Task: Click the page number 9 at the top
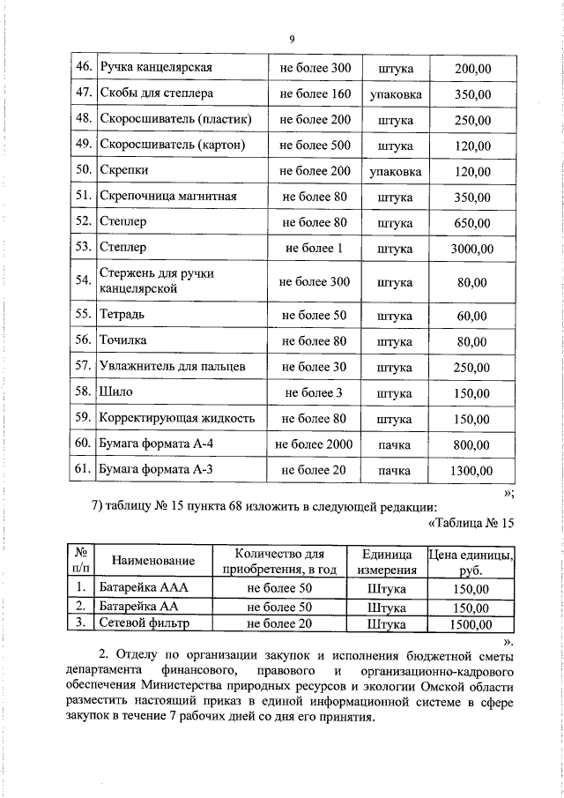(x=291, y=38)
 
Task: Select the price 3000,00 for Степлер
(x=471, y=249)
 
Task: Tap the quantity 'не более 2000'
(x=315, y=444)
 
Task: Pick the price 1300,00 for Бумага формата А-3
(x=471, y=471)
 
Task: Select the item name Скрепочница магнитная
(x=169, y=197)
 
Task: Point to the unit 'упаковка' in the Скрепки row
(x=395, y=171)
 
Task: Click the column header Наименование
(x=152, y=561)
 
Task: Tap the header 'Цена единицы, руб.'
(x=471, y=561)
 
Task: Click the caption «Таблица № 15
(x=469, y=525)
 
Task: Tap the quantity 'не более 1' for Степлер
(x=315, y=249)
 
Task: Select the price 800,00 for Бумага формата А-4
(x=471, y=444)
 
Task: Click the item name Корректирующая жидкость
(x=177, y=418)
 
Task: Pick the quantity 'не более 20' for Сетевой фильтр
(x=280, y=624)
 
